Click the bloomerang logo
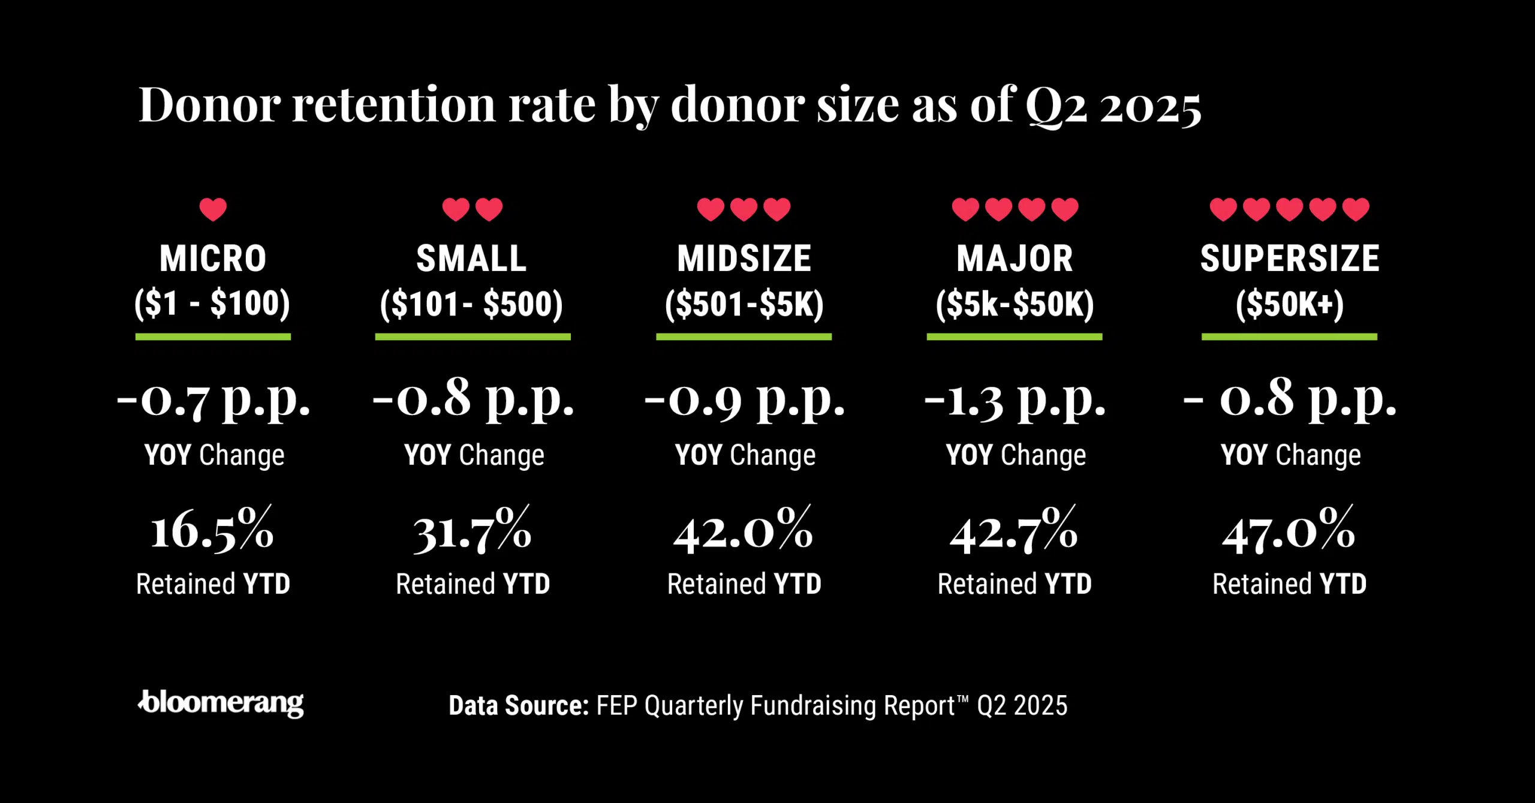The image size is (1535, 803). click(221, 703)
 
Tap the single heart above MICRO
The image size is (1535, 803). click(213, 209)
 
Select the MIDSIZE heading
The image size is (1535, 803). click(744, 258)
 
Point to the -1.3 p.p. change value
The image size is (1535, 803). click(1015, 398)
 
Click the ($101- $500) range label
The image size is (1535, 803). click(472, 303)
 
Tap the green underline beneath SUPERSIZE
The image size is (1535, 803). click(1289, 337)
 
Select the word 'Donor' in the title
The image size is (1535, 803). click(209, 105)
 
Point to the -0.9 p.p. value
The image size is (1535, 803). click(744, 398)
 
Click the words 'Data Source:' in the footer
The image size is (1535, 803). click(519, 706)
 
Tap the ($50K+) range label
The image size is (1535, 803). click(1289, 303)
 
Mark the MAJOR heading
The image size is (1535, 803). click(1015, 258)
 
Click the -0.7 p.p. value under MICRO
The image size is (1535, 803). click(213, 398)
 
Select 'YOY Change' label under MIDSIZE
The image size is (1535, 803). click(745, 455)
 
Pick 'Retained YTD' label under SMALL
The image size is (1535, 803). click(472, 584)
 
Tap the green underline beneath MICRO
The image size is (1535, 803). click(213, 337)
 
